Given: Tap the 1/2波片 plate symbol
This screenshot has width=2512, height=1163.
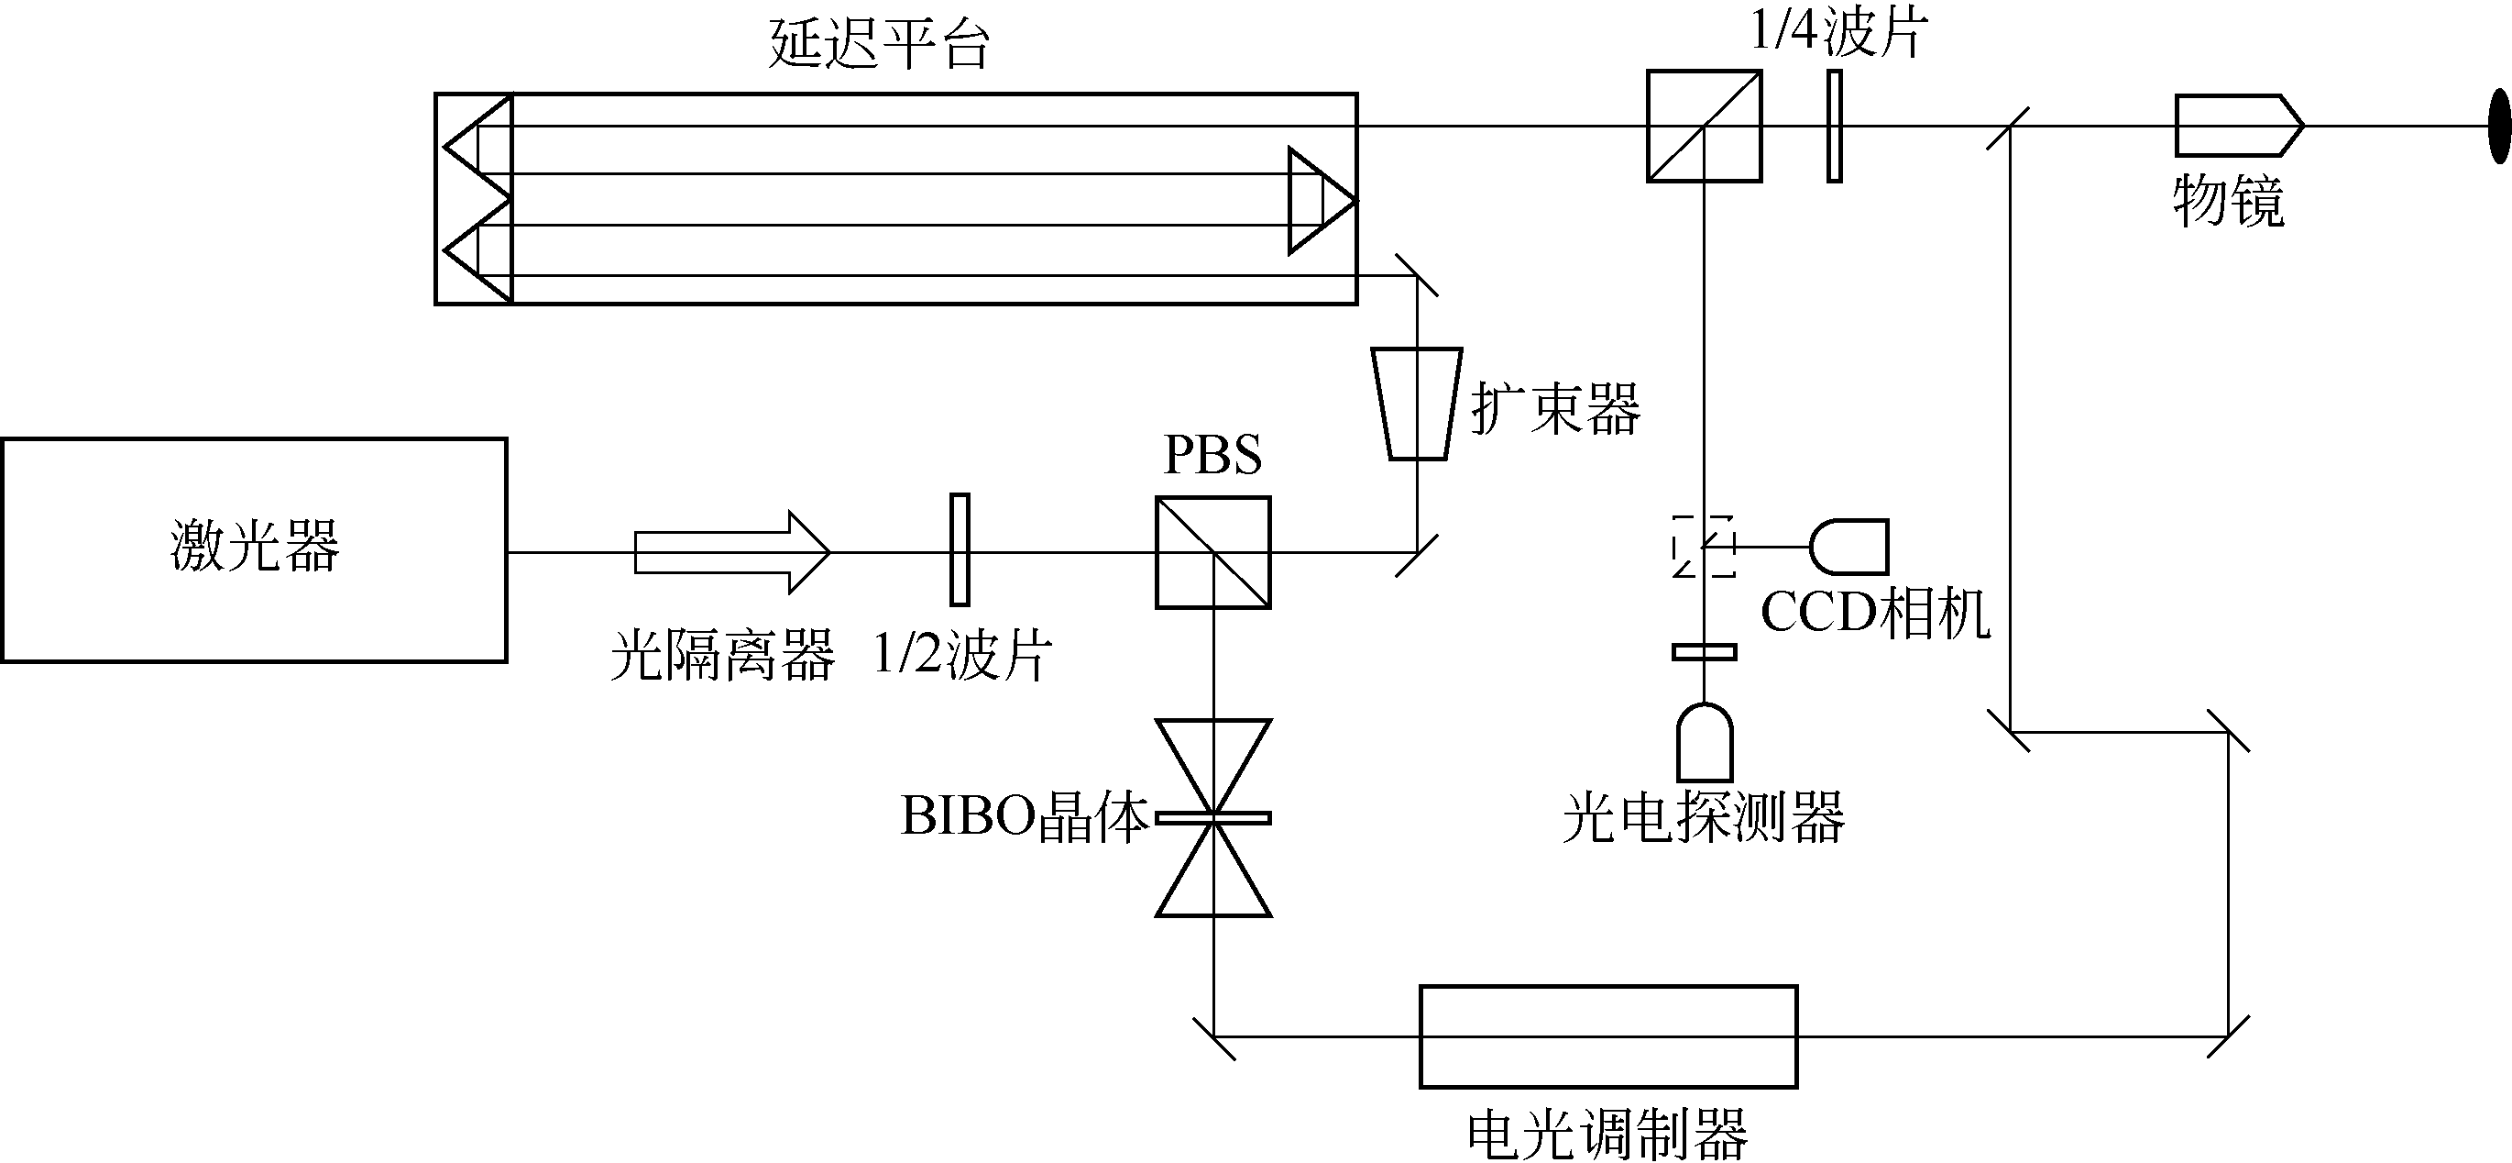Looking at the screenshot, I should [960, 549].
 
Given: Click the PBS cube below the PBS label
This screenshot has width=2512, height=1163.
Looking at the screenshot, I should [1213, 553].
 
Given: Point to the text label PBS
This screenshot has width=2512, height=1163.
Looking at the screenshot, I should [1213, 455].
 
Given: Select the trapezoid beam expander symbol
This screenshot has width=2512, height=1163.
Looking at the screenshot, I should [1417, 403].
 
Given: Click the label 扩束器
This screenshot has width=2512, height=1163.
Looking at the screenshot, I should [1556, 408].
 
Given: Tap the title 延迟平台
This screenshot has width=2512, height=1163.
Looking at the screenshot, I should [880, 43].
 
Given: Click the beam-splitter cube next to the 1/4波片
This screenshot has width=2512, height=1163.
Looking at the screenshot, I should [1704, 126].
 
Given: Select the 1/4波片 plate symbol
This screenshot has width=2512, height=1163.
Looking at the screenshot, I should [1834, 126].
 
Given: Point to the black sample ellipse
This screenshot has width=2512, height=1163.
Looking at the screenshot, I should [2500, 126].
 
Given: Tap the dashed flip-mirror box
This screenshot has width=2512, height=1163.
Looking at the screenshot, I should [1704, 547].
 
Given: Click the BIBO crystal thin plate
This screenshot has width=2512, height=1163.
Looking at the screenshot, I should [1213, 817].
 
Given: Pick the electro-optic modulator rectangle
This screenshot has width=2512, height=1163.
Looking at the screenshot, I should [1608, 1036].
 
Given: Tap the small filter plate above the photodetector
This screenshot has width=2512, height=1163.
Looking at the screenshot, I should [1704, 652].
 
